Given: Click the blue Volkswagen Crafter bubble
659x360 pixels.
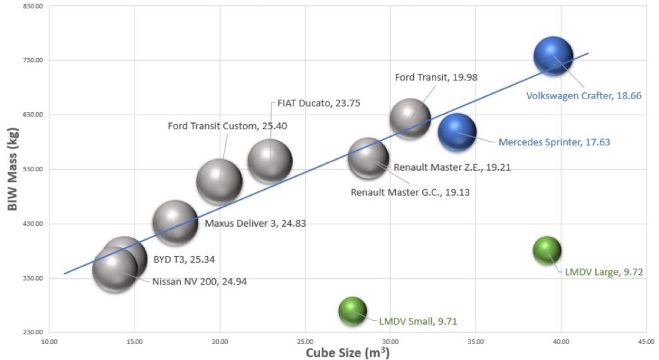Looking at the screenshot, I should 553,57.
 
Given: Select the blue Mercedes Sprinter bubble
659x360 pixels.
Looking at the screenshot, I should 457,132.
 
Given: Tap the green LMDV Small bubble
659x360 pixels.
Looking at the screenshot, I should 352,312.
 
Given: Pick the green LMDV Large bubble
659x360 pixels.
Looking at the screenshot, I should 547,251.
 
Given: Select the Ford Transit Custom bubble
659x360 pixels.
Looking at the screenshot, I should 219,182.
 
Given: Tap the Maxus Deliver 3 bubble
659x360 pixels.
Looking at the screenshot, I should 175,223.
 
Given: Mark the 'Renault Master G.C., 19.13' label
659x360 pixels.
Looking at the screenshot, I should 410,191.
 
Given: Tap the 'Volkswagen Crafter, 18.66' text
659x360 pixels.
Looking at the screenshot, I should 584,95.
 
